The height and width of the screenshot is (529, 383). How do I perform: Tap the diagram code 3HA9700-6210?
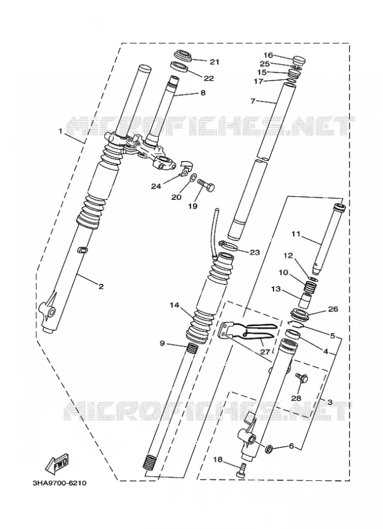[x=59, y=483]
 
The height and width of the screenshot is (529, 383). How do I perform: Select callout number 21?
[x=215, y=62]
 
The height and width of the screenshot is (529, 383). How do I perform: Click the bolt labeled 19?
[x=205, y=185]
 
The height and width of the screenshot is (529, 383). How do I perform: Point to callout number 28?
[x=296, y=399]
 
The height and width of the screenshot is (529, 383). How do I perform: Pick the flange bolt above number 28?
[x=301, y=378]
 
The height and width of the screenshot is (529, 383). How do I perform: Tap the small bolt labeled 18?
[x=241, y=470]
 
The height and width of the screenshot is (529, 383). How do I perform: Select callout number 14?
[x=174, y=306]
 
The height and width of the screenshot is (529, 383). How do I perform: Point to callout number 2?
[x=101, y=287]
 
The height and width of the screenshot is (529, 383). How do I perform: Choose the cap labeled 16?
[x=298, y=60]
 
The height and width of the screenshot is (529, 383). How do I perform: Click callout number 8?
[x=203, y=92]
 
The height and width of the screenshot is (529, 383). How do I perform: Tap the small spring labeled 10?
[x=311, y=288]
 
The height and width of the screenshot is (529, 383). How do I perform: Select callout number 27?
[x=265, y=352]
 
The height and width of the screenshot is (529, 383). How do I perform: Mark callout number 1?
[x=61, y=131]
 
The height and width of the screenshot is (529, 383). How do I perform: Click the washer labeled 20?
[x=194, y=178]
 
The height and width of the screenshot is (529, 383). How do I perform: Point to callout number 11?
[x=296, y=234]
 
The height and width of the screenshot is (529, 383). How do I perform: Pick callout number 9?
[x=162, y=343]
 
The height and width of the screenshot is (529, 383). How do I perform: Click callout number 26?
[x=333, y=309]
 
